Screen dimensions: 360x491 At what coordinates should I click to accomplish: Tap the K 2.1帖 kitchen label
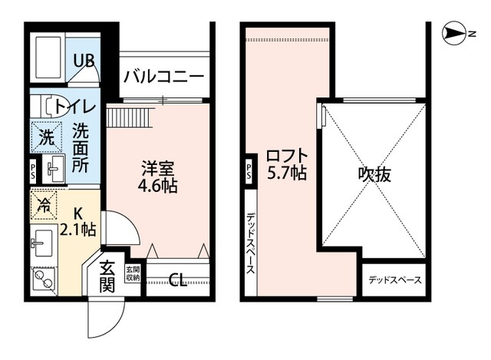[78, 220]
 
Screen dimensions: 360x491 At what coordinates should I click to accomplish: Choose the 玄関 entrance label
[107, 278]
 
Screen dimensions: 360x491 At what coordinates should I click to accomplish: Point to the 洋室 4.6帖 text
[159, 176]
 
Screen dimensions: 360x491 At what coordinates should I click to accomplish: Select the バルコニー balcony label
[163, 77]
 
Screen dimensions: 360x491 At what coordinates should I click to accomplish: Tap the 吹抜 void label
[374, 174]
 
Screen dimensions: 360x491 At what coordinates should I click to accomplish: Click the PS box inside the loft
[250, 170]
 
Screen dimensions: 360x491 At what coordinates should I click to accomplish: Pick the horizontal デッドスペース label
[394, 280]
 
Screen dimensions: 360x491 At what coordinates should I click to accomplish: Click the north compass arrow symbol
[459, 33]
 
